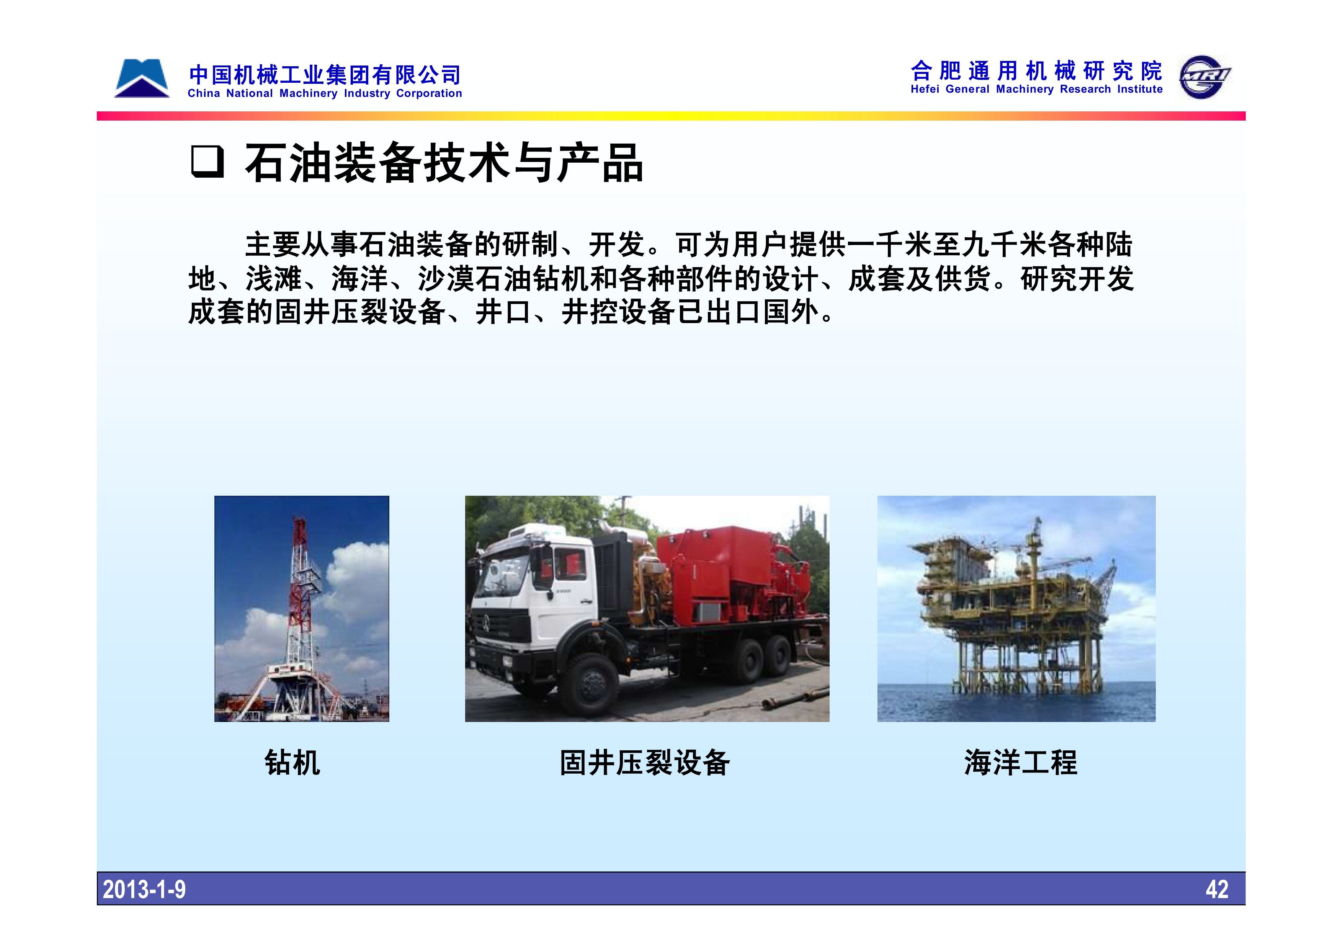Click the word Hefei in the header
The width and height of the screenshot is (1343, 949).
[925, 90]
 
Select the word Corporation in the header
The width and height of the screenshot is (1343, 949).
[429, 93]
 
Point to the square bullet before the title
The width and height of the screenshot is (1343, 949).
[207, 162]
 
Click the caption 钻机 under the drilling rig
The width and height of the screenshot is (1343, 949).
[292, 763]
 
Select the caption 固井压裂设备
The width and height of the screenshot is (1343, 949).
[645, 763]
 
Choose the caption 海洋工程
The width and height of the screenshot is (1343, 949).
[1021, 763]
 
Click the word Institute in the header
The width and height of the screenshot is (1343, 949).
[1140, 90]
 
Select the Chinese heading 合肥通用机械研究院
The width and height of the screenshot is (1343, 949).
[1036, 71]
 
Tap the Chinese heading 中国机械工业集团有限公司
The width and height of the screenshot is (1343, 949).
[325, 75]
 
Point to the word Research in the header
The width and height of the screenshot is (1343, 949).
[1086, 90]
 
